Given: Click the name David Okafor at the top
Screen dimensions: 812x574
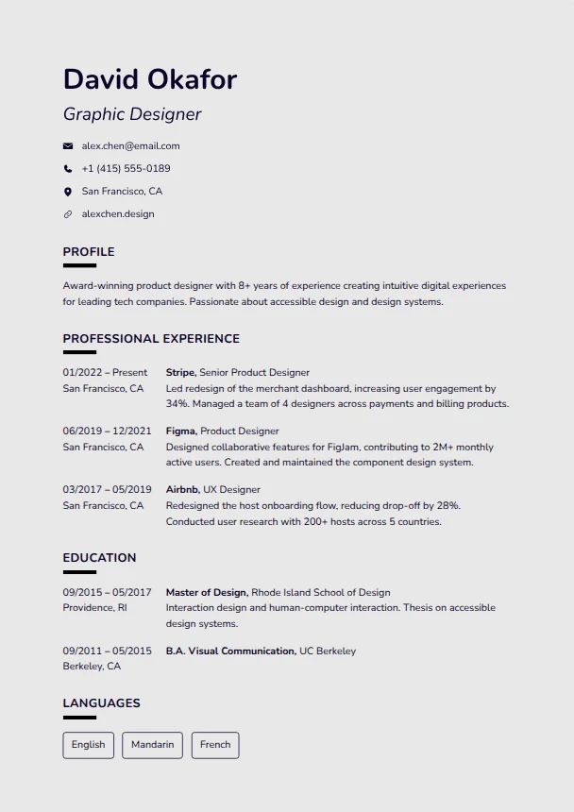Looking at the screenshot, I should click(149, 79).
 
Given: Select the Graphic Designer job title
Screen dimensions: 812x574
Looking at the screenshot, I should click(132, 114).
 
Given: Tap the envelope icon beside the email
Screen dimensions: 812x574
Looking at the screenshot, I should click(68, 146).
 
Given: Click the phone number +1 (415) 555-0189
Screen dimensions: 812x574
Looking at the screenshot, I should click(126, 169).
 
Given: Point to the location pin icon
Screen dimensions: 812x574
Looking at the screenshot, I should click(68, 192).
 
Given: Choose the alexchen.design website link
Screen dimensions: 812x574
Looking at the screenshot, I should click(117, 214).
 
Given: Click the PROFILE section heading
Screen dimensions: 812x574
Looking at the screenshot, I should click(89, 252).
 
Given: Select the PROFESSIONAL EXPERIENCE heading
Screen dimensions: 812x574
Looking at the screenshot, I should click(151, 339).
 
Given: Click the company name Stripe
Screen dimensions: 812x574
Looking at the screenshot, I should click(180, 373).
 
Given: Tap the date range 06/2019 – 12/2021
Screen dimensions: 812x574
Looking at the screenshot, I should click(107, 431).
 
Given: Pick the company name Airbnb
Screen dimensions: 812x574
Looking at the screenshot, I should click(182, 490).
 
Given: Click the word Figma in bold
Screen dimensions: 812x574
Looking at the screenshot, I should click(180, 431).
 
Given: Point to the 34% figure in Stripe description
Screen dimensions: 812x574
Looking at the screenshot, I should click(177, 404).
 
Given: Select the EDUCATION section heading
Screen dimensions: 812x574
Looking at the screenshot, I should click(99, 558).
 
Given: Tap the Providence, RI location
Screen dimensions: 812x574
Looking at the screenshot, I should click(94, 608).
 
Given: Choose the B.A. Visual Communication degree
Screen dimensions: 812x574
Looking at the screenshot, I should click(230, 651).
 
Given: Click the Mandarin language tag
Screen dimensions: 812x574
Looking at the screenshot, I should click(152, 745).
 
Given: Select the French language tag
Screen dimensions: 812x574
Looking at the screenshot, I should click(215, 745).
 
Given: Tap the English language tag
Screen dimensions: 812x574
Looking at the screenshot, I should click(89, 745).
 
